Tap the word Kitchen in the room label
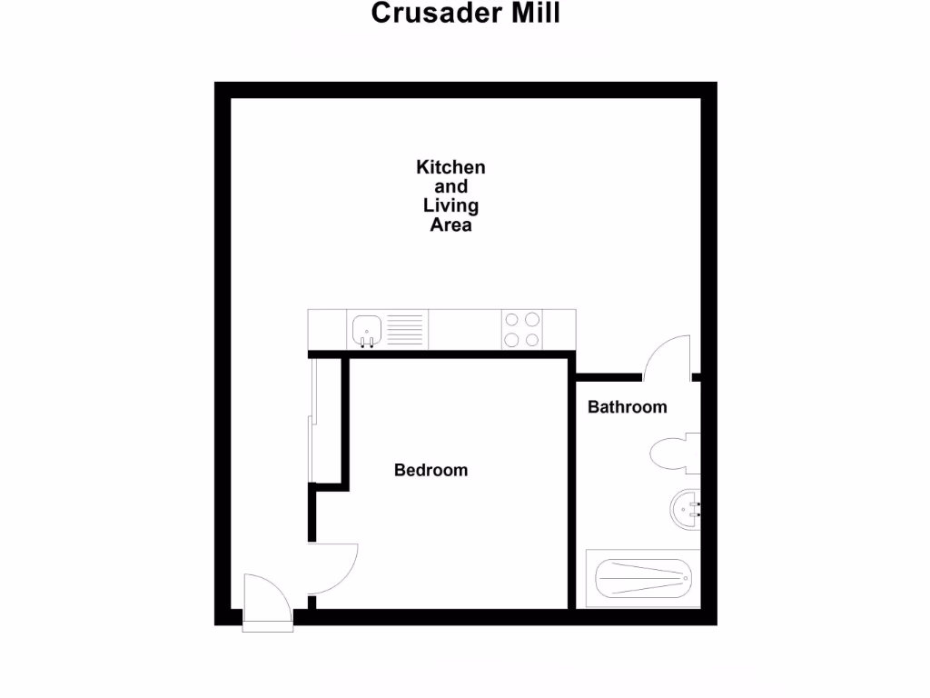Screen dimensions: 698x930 coord(450,167)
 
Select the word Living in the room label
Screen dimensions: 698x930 coord(450,205)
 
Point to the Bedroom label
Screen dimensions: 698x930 coord(430,470)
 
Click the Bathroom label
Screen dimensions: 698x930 coord(627,406)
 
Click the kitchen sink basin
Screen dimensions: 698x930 coord(367,328)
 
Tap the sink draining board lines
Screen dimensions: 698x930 coord(405,328)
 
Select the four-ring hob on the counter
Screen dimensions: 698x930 coord(522,329)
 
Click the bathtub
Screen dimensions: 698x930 coord(642,577)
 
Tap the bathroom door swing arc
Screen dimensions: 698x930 coord(668,355)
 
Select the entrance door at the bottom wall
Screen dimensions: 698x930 coord(266,601)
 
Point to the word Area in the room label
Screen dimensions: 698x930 coord(450,224)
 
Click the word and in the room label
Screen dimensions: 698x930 coord(450,186)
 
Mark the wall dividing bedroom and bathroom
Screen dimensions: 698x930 coord(572,491)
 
